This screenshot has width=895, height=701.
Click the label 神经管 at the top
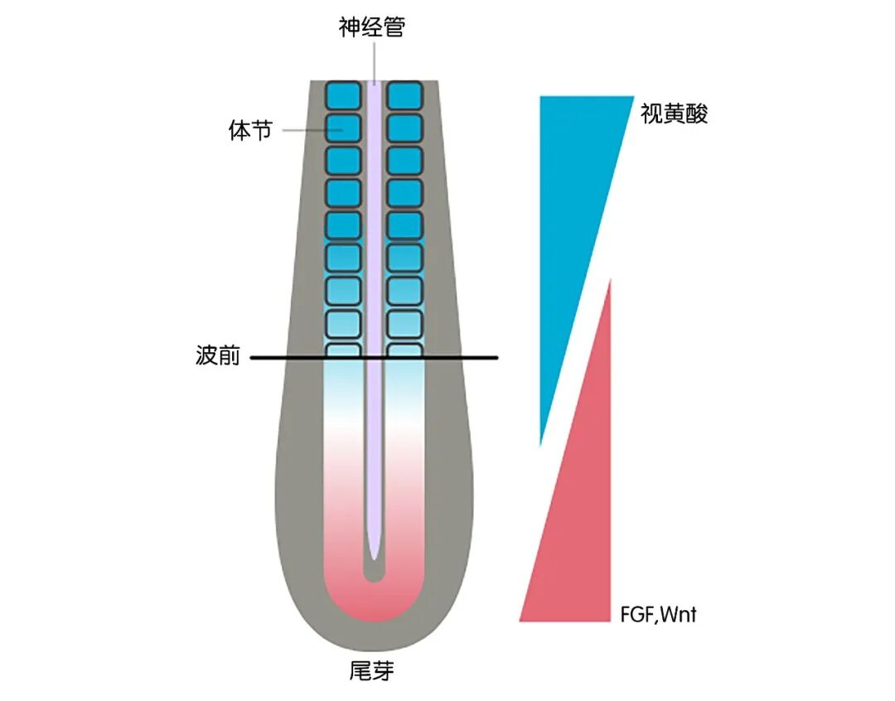pyautogui.click(x=372, y=27)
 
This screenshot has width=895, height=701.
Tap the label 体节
pyautogui.click(x=250, y=131)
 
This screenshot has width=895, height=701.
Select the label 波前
pyautogui.click(x=218, y=357)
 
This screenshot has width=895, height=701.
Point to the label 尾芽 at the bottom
pyautogui.click(x=371, y=670)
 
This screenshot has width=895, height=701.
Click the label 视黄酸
pyautogui.click(x=675, y=114)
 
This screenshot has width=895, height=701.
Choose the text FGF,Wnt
pyautogui.click(x=659, y=615)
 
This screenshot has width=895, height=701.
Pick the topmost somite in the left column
pyautogui.click(x=342, y=95)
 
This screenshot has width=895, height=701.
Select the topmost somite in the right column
pyautogui.click(x=405, y=95)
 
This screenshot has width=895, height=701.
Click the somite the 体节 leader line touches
pyautogui.click(x=342, y=128)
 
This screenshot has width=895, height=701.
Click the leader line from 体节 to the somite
pyautogui.click(x=303, y=130)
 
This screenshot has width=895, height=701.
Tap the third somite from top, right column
pyautogui.click(x=405, y=160)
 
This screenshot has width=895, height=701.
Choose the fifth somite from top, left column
pyautogui.click(x=342, y=225)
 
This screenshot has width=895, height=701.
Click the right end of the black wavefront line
pyautogui.click(x=495, y=358)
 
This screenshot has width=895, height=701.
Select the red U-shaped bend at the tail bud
pyautogui.click(x=375, y=605)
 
